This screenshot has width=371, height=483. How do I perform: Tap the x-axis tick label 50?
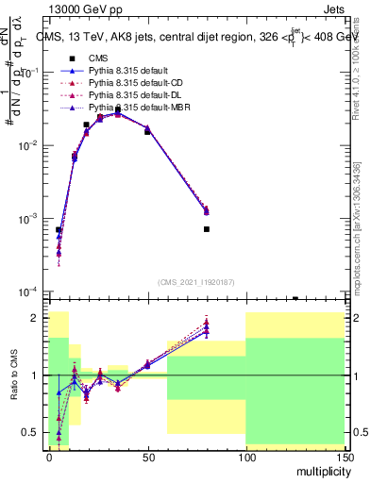click(x=147, y=456)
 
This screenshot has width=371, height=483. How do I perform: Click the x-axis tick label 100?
click(x=245, y=456)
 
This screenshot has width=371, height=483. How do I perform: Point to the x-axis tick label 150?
click(x=344, y=456)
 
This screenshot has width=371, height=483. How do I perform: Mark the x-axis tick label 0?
click(x=49, y=456)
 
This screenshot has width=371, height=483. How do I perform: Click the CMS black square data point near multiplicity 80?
click(x=206, y=229)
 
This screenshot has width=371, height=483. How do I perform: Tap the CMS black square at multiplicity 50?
click(x=147, y=132)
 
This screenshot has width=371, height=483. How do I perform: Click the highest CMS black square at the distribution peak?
click(x=118, y=110)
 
